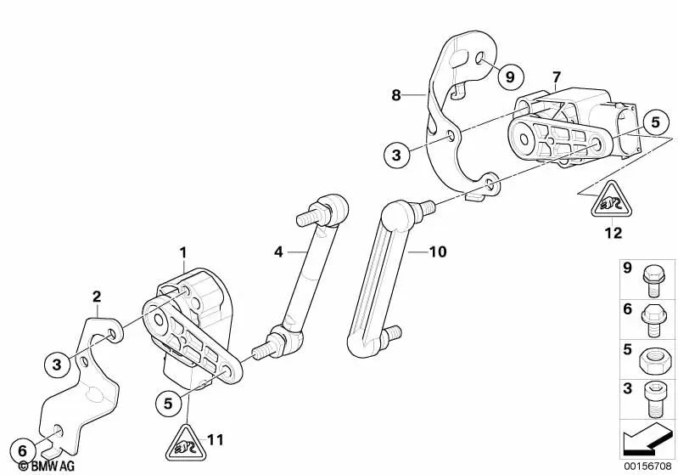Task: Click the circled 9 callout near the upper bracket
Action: (510, 77)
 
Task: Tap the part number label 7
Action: (556, 77)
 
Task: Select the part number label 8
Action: (396, 95)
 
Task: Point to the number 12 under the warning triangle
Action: (614, 233)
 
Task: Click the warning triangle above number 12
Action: (612, 200)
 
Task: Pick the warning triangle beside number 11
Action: (187, 443)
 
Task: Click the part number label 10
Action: (438, 252)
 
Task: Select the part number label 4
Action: (278, 252)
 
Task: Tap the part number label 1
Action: (183, 252)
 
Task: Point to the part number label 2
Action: (97, 297)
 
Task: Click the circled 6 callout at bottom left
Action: (22, 451)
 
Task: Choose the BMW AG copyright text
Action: (47, 467)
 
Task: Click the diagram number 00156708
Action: (647, 467)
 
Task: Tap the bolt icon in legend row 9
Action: (653, 280)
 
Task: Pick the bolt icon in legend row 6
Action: (653, 320)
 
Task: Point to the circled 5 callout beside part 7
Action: (656, 122)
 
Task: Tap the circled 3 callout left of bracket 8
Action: (396, 155)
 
